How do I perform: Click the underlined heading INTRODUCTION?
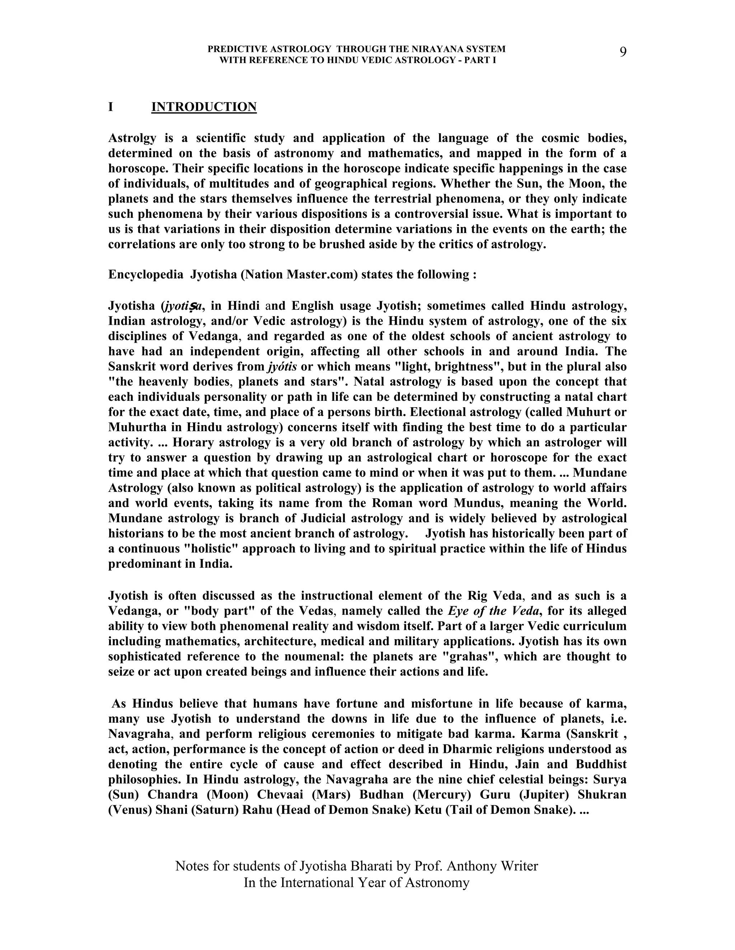204,107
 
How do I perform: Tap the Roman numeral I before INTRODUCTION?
111,107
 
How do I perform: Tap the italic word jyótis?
282,367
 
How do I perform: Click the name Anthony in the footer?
472,866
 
